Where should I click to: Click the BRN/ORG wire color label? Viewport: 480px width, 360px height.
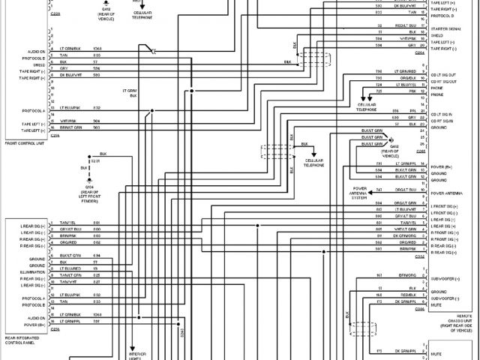click(x=407, y=276)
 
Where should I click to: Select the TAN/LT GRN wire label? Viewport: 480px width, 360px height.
click(x=68, y=275)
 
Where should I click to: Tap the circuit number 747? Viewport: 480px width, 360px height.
click(x=379, y=190)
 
